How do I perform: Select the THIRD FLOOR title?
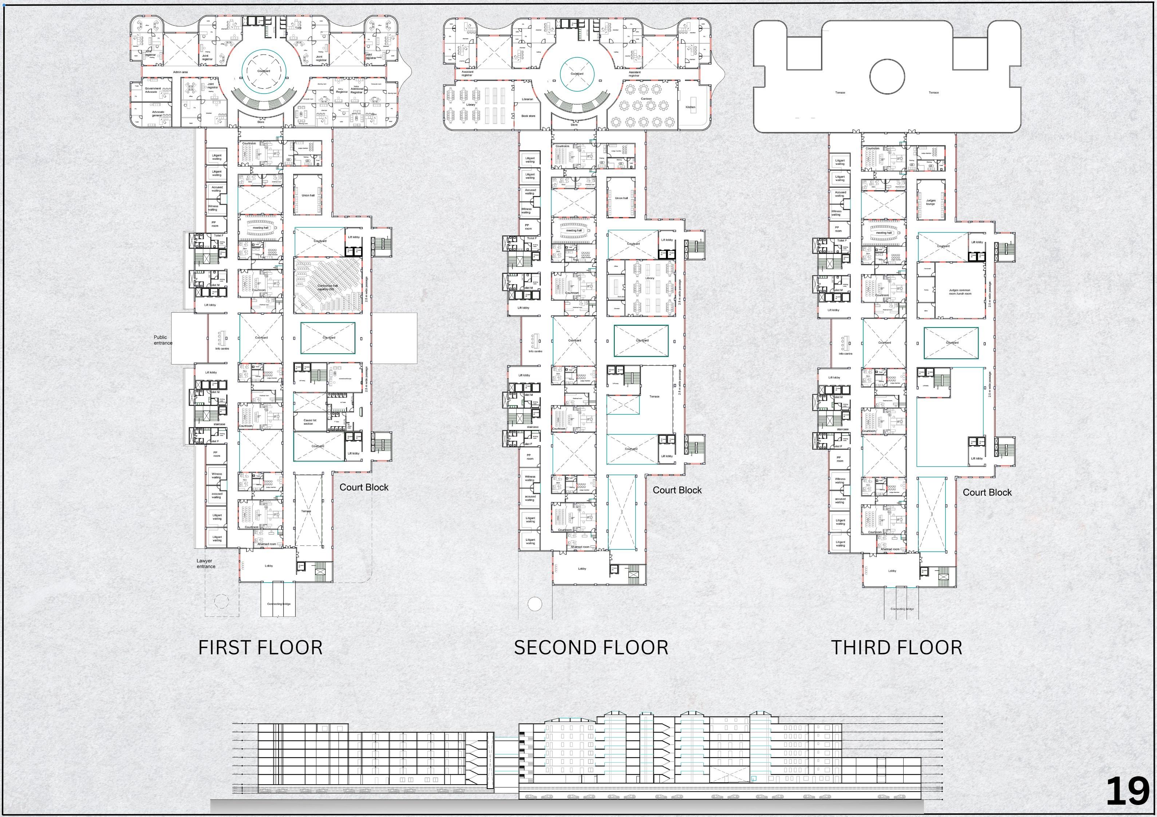896,648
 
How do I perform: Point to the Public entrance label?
163,340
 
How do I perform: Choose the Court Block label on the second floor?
677,490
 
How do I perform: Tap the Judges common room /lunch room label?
959,291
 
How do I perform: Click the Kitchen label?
690,107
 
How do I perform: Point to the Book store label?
528,116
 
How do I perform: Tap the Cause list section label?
309,421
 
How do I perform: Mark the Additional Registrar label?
356,90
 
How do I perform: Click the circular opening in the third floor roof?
887,76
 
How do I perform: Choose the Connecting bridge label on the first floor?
278,603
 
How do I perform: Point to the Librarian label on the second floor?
527,99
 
